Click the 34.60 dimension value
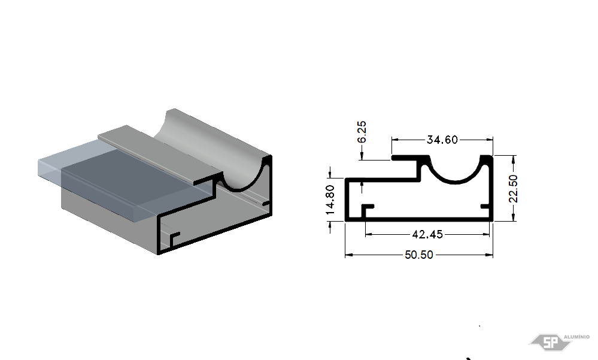coord(442,140)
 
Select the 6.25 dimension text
coord(362,132)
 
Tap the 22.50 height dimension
coord(514,189)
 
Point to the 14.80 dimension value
coord(330,199)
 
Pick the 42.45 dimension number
coord(427,234)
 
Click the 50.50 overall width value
coord(419,255)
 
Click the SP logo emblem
coord(550,342)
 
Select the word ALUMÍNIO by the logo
coord(576,337)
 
